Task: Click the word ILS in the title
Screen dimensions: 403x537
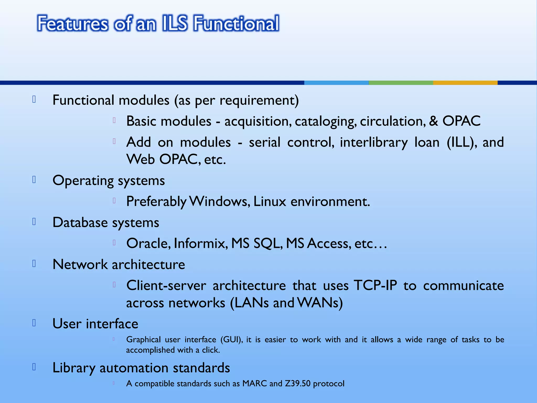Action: pyautogui.click(x=175, y=23)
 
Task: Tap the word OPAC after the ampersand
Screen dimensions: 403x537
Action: pyautogui.click(x=461, y=121)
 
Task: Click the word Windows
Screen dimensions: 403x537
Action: pyautogui.click(x=219, y=201)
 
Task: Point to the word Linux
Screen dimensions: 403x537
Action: pyautogui.click(x=270, y=201)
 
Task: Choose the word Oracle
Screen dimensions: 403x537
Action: pyautogui.click(x=148, y=243)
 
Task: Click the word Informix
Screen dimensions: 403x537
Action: pyautogui.click(x=200, y=243)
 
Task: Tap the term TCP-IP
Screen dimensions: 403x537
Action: pyautogui.click(x=375, y=285)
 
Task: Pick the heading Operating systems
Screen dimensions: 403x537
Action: pyautogui.click(x=109, y=181)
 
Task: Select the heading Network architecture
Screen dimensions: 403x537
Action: pyautogui.click(x=119, y=264)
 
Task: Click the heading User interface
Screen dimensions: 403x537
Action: pyautogui.click(x=95, y=324)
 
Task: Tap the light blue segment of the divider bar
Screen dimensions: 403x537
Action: pyautogui.click(x=336, y=83)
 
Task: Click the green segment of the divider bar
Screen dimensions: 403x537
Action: pyautogui.click(x=401, y=83)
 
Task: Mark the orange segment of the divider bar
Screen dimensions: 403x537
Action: pyautogui.click(x=465, y=83)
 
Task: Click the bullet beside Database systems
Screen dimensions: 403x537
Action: pyautogui.click(x=34, y=222)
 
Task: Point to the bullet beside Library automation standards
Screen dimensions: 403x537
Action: pyautogui.click(x=34, y=367)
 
